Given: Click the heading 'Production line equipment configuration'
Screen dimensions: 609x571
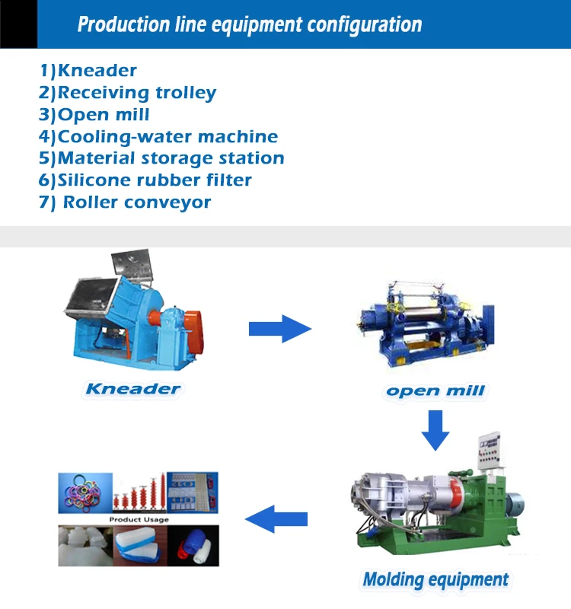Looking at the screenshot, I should coord(249,24).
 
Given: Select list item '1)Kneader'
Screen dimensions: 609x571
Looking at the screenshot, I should coord(88,71).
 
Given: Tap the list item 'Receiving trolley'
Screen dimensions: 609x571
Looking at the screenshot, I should coord(128,93).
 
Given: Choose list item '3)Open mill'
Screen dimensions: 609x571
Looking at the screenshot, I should coord(94,115).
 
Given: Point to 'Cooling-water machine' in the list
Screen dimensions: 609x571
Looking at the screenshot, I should coord(158,137).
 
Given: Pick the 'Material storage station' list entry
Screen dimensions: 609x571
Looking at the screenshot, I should coord(161,158).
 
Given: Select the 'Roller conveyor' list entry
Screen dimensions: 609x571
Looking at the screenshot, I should coord(126,202).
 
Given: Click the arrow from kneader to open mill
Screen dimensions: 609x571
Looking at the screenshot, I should coord(279,329).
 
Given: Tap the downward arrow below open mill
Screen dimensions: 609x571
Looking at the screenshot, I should coord(436,429).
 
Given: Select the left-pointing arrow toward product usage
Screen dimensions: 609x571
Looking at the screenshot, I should coord(276,520).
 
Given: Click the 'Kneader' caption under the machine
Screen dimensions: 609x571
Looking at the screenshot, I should coord(132,389).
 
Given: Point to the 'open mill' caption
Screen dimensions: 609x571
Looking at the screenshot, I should coord(435,391).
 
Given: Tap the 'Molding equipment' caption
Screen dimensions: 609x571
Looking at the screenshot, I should coord(435,579).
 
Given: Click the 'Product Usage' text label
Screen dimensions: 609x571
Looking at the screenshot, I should coord(138,520).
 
